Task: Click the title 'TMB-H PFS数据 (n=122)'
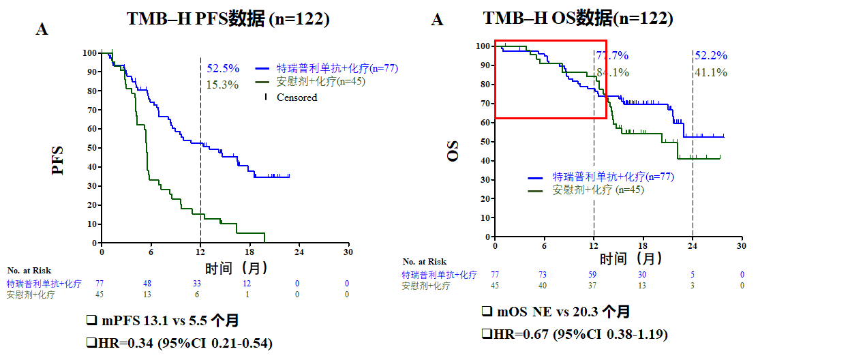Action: click(228, 19)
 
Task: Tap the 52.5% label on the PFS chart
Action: click(223, 68)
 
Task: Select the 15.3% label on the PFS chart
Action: click(222, 85)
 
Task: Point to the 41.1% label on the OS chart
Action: click(711, 72)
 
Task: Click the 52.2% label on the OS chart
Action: click(711, 56)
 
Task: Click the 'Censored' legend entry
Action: click(297, 97)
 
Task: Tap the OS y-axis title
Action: click(453, 151)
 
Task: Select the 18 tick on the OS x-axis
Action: click(643, 245)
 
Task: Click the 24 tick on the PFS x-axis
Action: click(298, 252)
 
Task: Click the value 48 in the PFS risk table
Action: click(147, 283)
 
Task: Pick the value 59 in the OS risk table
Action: click(594, 275)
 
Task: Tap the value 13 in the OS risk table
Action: click(643, 285)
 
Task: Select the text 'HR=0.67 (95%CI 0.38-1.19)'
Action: click(574, 334)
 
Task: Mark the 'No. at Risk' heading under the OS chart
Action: click(425, 262)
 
